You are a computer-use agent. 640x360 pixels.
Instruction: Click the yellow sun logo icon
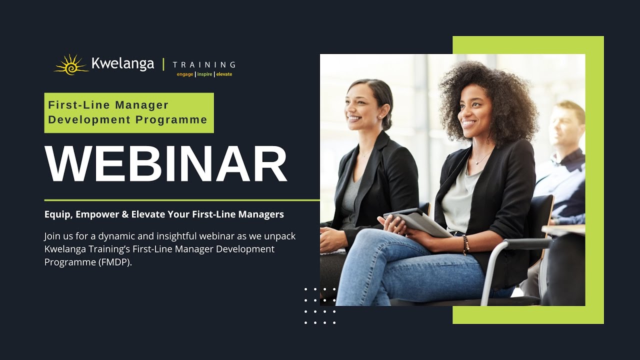click(70, 65)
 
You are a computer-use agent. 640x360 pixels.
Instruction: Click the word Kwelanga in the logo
click(123, 64)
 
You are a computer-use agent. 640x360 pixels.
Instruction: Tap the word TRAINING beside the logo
click(203, 64)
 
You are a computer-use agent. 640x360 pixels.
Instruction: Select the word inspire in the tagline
click(204, 74)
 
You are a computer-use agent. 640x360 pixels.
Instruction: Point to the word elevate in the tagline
click(224, 74)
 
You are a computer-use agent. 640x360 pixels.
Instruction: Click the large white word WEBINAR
click(166, 164)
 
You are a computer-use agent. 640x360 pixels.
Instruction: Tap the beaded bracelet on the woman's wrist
click(465, 244)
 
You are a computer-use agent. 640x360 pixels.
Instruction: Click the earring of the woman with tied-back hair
click(379, 116)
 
